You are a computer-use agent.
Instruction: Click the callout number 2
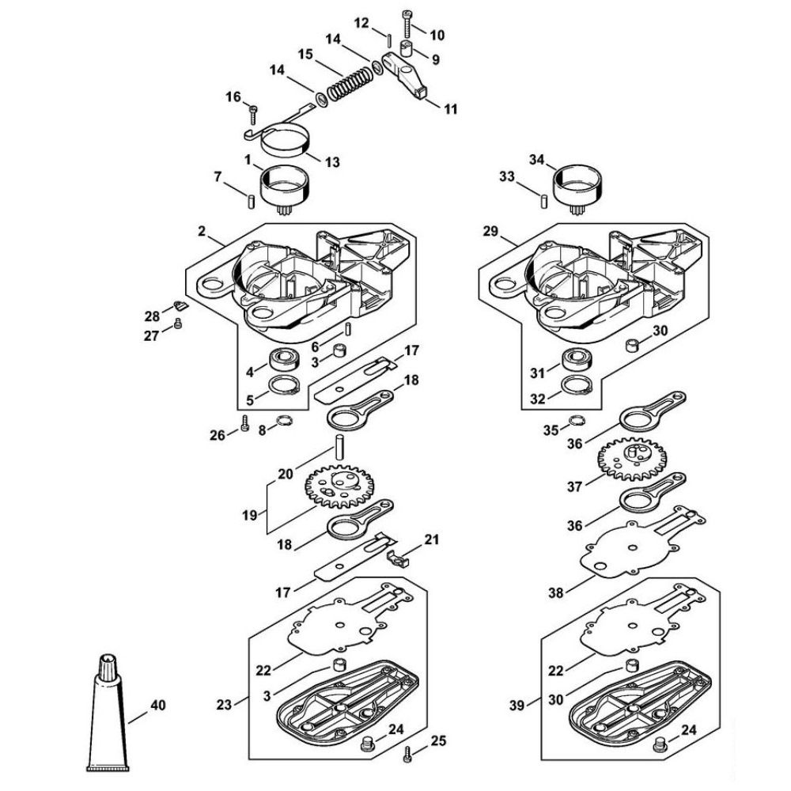[202, 231]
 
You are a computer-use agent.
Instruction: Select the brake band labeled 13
[286, 142]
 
